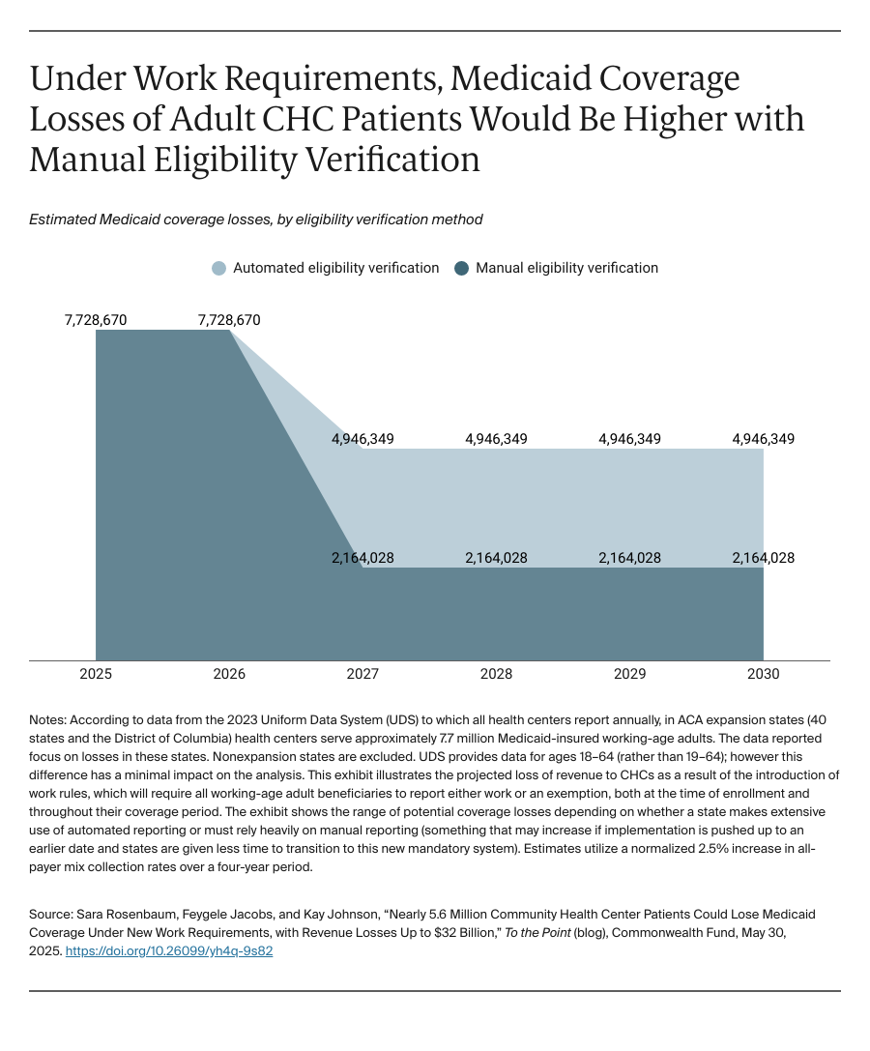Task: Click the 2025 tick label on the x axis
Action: (x=96, y=674)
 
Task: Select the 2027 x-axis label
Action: (x=362, y=674)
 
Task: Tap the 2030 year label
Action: (x=763, y=674)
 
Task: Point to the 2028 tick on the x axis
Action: (x=496, y=674)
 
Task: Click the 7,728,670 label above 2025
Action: (x=96, y=320)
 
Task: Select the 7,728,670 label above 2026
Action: (x=229, y=320)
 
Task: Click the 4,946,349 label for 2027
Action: (x=362, y=439)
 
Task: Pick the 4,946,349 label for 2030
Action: (x=763, y=439)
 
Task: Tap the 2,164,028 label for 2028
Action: (x=496, y=558)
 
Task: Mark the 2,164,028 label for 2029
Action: (x=629, y=558)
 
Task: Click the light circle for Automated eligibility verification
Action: (x=219, y=268)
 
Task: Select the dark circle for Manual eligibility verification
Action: (x=462, y=268)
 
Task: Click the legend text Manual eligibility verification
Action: (x=566, y=268)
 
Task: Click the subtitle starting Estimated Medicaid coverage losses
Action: (x=256, y=219)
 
